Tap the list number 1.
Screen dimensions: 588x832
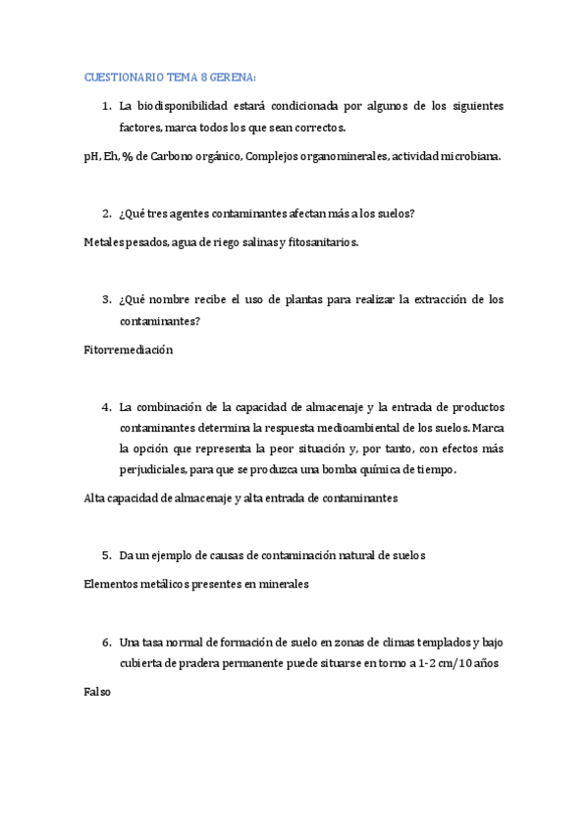pyautogui.click(x=106, y=106)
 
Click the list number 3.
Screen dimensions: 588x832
pyautogui.click(x=106, y=299)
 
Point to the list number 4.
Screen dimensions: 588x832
pyautogui.click(x=106, y=406)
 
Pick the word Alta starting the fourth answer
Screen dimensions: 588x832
pyautogui.click(x=96, y=498)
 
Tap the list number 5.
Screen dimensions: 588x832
pyautogui.click(x=106, y=555)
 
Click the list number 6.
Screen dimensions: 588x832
pyautogui.click(x=106, y=643)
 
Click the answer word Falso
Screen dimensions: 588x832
pyautogui.click(x=98, y=692)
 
